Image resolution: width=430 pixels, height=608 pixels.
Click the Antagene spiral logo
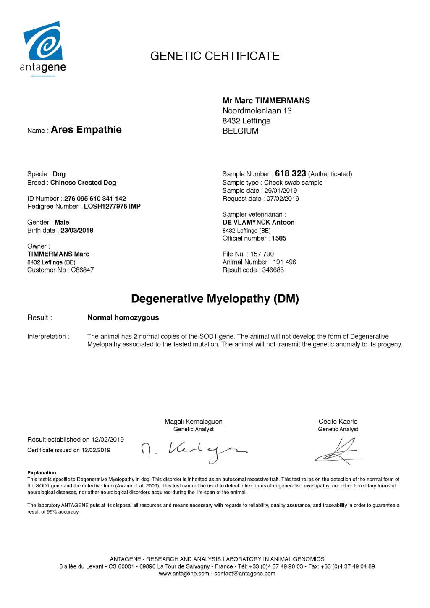click(x=43, y=42)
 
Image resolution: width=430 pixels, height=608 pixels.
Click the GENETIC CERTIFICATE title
click(x=215, y=56)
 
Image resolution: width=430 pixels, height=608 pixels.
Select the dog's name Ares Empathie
click(x=86, y=130)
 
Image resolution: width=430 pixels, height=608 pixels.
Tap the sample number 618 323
click(x=290, y=173)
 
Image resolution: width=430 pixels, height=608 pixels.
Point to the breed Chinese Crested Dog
click(x=83, y=183)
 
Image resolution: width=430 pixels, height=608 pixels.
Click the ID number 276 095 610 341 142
click(x=95, y=199)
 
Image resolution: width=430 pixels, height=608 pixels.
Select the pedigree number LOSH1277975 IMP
click(x=112, y=207)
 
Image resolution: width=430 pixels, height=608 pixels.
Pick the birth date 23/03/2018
click(x=77, y=231)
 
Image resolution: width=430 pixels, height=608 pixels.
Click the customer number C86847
click(x=82, y=270)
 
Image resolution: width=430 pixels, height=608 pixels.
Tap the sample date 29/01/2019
click(x=281, y=191)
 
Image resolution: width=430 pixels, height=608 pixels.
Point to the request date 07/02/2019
click(x=283, y=199)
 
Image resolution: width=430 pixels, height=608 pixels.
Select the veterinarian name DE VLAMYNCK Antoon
click(x=258, y=223)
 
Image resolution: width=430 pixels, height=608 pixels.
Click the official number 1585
click(x=279, y=238)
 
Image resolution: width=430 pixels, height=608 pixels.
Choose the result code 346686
click(x=273, y=270)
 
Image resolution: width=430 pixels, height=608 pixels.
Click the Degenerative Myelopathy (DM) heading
click(x=215, y=299)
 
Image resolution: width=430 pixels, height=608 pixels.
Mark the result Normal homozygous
click(x=123, y=317)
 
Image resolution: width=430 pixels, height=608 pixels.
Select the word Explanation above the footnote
click(x=42, y=473)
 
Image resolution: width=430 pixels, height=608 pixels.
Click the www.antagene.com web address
click(x=184, y=574)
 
